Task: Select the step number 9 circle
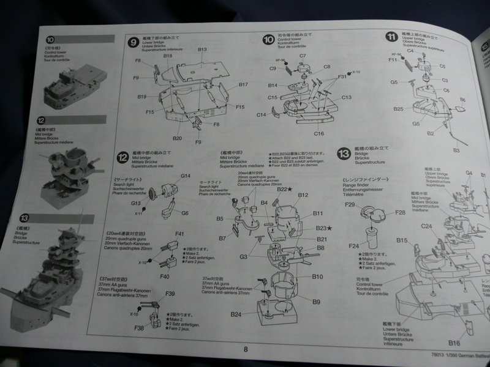[x=133, y=43]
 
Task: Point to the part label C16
[x=318, y=133]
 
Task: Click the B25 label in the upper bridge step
[x=398, y=109]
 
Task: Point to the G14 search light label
[x=186, y=176]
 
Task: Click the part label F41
[x=180, y=234]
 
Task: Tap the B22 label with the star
[x=284, y=190]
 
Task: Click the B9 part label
[x=316, y=302]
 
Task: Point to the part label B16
[x=454, y=343]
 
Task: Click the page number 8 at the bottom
[x=245, y=349]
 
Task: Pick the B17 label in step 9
[x=243, y=84]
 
